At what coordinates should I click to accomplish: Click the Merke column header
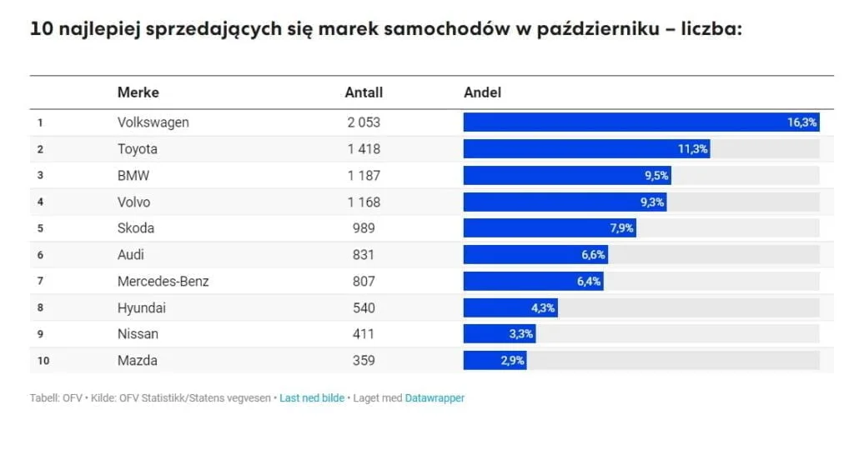138,92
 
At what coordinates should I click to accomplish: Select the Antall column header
364,92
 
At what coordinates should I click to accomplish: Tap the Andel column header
482,92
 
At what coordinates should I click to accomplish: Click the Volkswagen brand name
153,122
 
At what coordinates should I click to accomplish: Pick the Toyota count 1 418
364,149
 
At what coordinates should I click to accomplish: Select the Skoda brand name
136,228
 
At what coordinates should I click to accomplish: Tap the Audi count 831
364,255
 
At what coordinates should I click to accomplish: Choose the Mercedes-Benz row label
163,282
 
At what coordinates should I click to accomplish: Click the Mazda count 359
364,361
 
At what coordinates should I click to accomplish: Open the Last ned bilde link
311,398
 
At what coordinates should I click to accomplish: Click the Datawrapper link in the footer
435,398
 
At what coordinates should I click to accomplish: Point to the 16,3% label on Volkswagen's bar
802,122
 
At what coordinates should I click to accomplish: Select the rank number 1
39,122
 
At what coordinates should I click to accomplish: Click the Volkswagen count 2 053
364,122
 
